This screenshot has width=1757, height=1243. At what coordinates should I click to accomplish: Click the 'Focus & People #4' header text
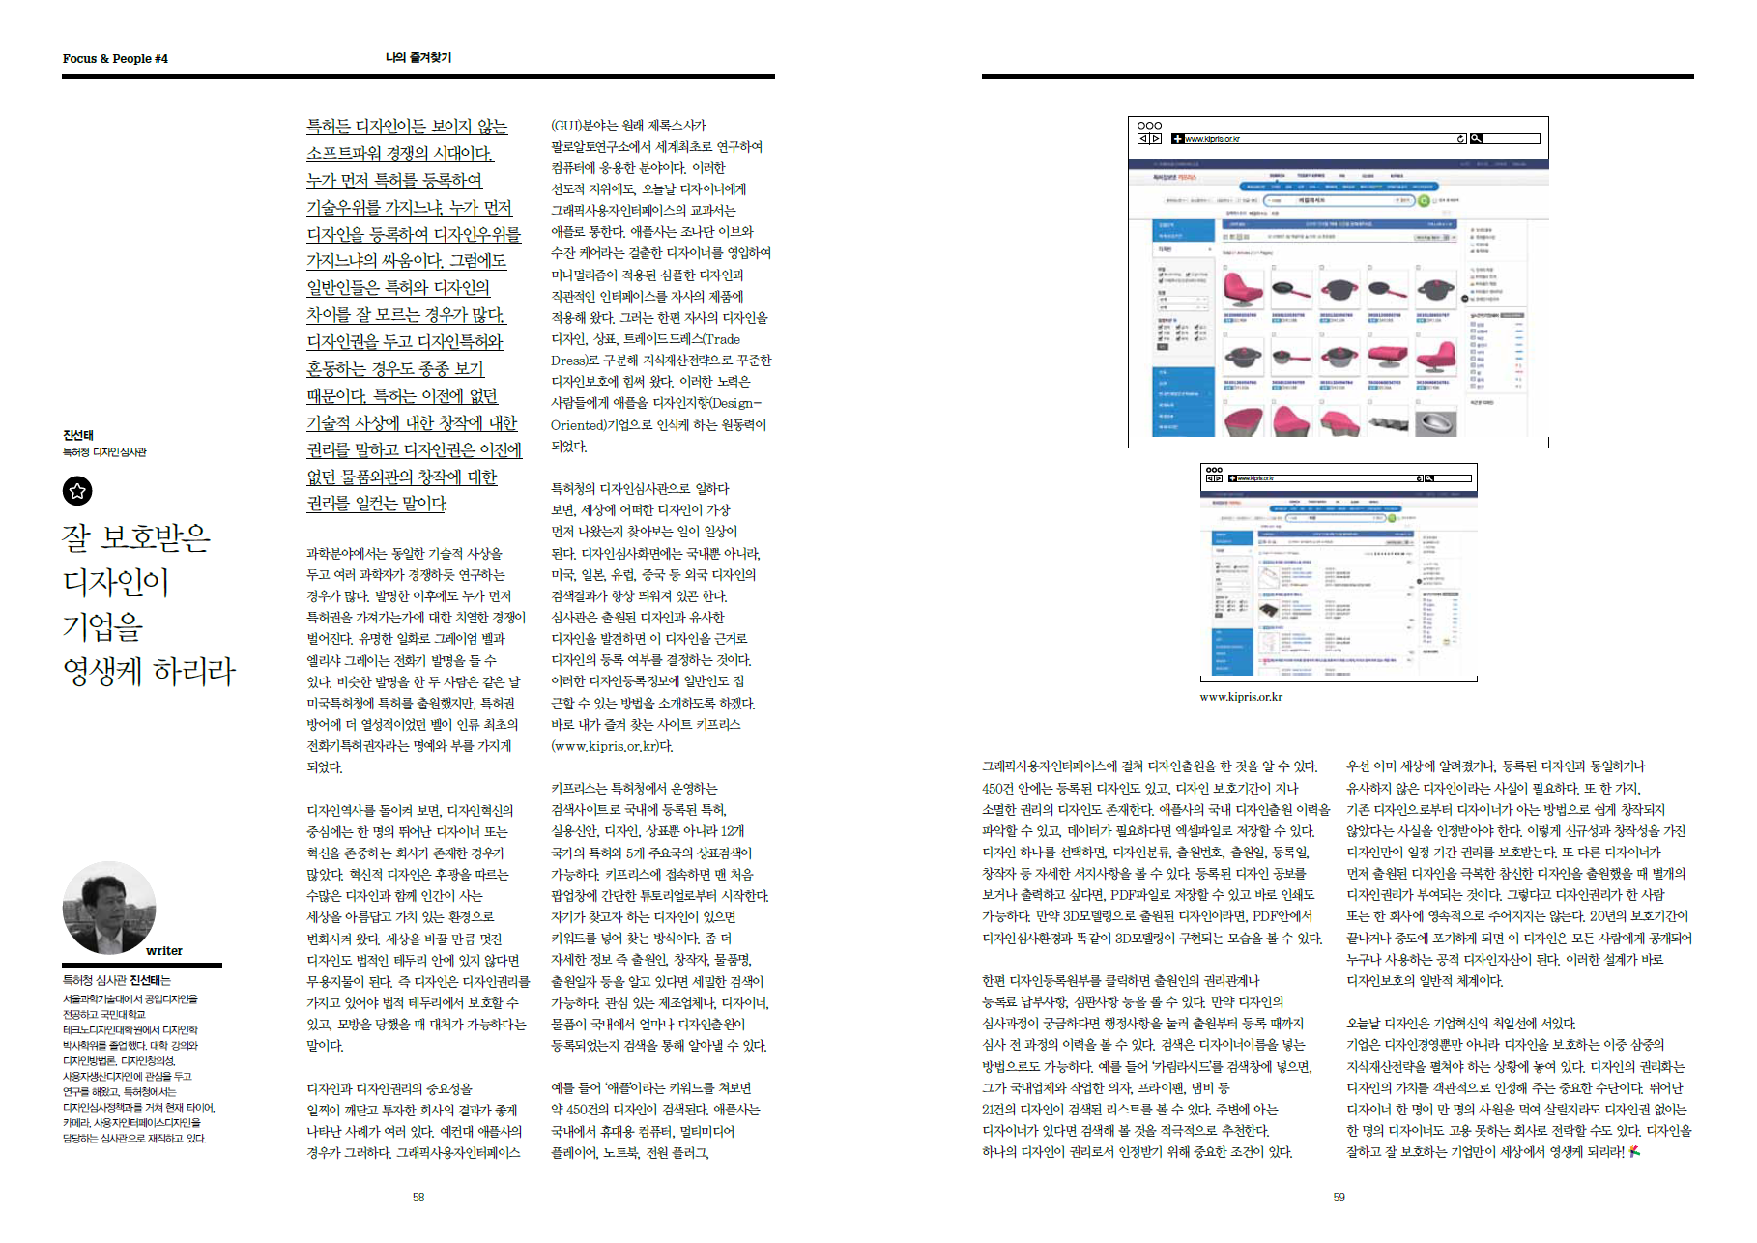pos(115,59)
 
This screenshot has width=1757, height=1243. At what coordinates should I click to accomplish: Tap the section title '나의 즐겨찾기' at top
pos(418,58)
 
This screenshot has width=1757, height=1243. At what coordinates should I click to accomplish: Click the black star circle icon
pos(77,491)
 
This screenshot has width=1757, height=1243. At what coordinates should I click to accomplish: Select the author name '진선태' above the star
pos(78,435)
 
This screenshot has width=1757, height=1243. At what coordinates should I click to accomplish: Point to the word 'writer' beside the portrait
pos(164,951)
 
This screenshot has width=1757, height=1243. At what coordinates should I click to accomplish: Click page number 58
pos(418,1197)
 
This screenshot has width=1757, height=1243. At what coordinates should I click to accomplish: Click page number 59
pos(1339,1197)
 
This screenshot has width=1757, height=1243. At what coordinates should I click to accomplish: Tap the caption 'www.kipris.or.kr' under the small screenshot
pos(1241,697)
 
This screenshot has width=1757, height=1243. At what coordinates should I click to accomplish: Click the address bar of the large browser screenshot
pos(1319,139)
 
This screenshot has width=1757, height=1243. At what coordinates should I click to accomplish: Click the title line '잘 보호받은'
pos(136,537)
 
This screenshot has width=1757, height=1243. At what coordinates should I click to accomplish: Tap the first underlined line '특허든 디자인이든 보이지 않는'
pos(406,127)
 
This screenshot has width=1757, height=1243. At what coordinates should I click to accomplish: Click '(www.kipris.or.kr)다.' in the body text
pos(612,746)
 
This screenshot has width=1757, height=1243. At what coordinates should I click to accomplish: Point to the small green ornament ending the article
pos(1634,1151)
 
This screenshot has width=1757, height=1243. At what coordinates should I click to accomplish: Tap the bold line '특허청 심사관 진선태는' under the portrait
pos(117,980)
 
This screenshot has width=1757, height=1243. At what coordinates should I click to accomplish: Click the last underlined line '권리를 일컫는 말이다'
pos(377,504)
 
